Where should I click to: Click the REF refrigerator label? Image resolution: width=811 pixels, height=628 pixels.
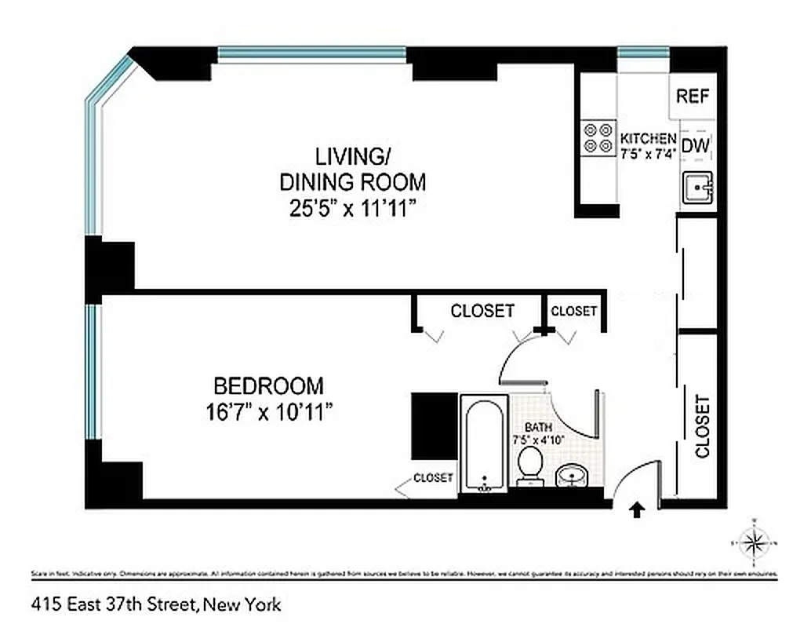[693, 97]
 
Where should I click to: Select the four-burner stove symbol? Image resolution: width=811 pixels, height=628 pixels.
[598, 137]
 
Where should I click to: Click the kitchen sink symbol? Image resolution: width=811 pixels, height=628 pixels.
[696, 188]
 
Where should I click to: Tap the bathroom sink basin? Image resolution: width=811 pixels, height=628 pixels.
[573, 475]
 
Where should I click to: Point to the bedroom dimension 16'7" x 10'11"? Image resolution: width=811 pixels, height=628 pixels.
[269, 411]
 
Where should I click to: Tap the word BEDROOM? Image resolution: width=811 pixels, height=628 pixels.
[269, 386]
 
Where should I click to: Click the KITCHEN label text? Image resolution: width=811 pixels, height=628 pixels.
[648, 137]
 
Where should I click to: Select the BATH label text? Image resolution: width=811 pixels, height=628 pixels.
[533, 427]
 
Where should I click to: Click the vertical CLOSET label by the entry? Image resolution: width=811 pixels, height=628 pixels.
[702, 426]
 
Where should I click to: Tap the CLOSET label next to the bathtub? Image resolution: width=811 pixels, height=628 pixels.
[433, 477]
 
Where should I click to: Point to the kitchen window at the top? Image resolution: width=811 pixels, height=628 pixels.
[643, 53]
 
